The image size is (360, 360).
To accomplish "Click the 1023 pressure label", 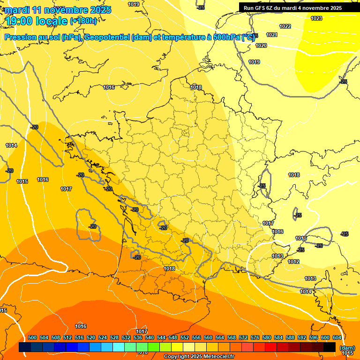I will pos(316,18).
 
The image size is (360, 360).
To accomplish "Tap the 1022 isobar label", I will pos(285,26).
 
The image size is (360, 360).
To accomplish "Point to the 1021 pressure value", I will pos(272,35).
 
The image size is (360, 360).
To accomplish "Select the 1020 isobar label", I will pos(261,45).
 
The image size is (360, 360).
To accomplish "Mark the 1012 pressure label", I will pos(293,262).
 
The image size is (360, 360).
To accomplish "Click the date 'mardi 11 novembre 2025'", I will pos(59,10).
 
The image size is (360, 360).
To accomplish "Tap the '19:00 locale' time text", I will pos(37,21).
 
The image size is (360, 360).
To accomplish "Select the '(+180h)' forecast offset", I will pos(83,21).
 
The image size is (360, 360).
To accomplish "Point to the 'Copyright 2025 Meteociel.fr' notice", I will pos(198,357).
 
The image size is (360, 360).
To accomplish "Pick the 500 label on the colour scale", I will pos(32,337).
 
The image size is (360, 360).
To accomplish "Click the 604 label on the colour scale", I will pos(337,337).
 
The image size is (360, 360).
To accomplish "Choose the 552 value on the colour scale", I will pos(185,337).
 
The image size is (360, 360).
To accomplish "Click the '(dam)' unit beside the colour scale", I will pos(347,348).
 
